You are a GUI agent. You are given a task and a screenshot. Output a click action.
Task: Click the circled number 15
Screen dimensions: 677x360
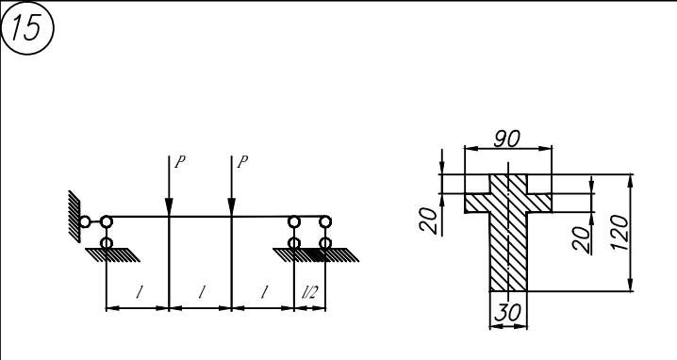point(27,27)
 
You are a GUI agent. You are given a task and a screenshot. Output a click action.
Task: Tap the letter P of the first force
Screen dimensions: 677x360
point(180,162)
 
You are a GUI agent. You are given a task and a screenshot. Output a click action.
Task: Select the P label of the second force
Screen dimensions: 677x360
point(243,162)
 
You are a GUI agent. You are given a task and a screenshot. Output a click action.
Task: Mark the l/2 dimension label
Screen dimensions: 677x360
point(309,293)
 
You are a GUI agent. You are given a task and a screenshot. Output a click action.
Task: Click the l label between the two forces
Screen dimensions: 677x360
point(201,293)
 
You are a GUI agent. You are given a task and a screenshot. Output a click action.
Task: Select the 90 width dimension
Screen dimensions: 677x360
point(507,139)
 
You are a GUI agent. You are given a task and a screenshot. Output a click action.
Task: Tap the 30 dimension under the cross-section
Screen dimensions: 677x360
point(507,313)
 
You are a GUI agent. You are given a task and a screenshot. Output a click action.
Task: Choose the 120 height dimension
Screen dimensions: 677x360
point(620,233)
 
